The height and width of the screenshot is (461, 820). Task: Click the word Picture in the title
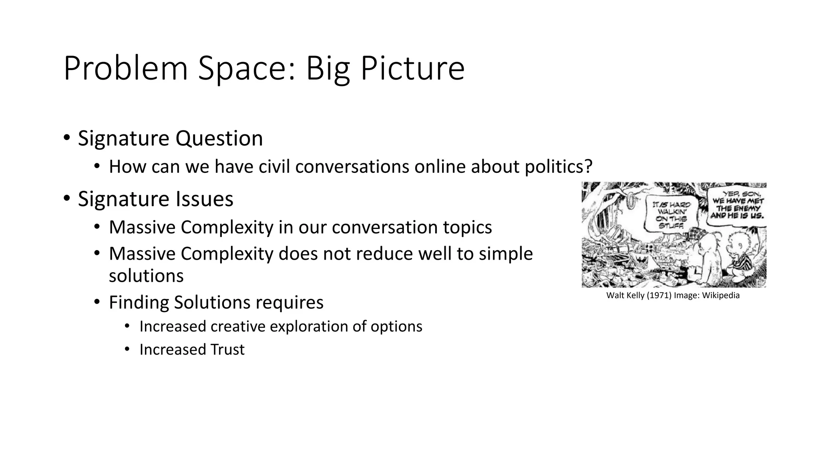[412, 69]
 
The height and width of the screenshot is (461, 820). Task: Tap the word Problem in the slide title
[126, 69]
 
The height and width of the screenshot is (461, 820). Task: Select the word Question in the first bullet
[219, 138]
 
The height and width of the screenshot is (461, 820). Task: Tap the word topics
[467, 227]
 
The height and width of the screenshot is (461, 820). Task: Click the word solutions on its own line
[146, 276]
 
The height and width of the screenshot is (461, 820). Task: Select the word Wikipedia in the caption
[721, 296]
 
